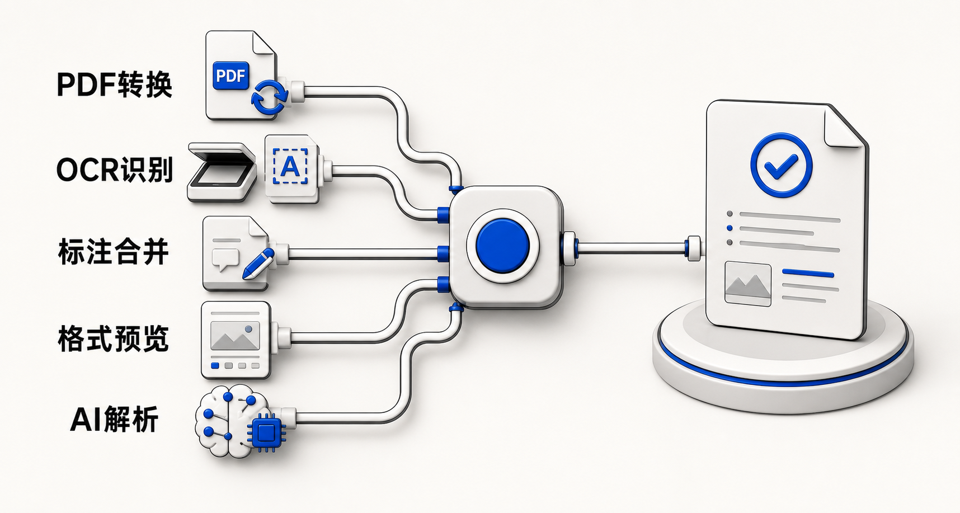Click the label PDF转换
coord(114,86)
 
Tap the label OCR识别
coord(114,169)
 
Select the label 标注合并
coord(114,252)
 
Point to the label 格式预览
coord(114,338)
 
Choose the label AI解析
coord(115,420)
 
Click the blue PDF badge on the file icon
coord(231,76)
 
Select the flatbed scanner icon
coord(222,172)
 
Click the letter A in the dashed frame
coord(290,166)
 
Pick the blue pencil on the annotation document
coord(258,264)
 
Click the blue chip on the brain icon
coord(267,432)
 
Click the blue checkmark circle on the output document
coord(782,165)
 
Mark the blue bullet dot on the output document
coord(730,228)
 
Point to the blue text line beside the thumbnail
coord(808,274)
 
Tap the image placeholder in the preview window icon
coord(235,336)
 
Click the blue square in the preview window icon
coord(215,366)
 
